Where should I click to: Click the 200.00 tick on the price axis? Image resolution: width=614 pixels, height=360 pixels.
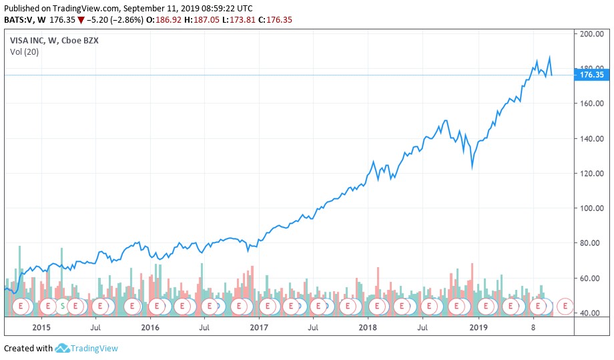click(592, 33)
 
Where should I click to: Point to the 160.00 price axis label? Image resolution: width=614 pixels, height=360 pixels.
click(592, 104)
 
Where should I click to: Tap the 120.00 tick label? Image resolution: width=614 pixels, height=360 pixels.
click(592, 174)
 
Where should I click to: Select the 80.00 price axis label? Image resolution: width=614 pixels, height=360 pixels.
click(592, 243)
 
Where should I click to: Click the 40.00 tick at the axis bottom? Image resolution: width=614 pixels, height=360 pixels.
click(592, 313)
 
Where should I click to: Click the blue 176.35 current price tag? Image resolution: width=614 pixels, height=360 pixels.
click(592, 75)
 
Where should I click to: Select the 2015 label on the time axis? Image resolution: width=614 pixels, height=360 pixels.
click(41, 327)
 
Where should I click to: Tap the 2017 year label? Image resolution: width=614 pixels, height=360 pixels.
click(258, 327)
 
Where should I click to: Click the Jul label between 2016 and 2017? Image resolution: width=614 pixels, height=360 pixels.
click(204, 327)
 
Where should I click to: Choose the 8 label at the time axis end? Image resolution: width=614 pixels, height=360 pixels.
click(533, 327)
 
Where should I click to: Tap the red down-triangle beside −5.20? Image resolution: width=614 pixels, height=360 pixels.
click(81, 20)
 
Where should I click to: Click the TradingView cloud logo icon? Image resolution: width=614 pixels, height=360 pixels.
click(63, 348)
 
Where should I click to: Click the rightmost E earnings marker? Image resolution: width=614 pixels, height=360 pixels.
click(565, 306)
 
